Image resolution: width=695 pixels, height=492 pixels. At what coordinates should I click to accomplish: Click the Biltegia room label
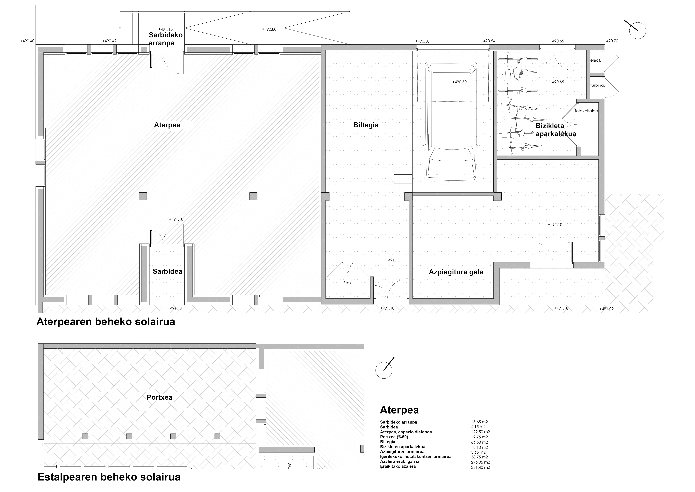click(x=366, y=125)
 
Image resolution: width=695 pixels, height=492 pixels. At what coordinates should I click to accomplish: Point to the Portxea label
click(x=160, y=397)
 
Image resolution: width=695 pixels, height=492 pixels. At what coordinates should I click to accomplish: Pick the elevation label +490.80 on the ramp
click(x=269, y=29)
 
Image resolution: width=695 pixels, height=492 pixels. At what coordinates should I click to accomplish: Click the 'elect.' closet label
click(x=595, y=60)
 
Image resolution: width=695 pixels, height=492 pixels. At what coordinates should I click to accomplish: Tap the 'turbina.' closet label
click(x=597, y=86)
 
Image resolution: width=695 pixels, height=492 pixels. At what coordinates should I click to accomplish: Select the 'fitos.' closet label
click(x=347, y=283)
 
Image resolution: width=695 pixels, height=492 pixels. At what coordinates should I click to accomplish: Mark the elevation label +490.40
click(x=27, y=41)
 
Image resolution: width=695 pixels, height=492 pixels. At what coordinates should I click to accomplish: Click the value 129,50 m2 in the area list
click(x=480, y=432)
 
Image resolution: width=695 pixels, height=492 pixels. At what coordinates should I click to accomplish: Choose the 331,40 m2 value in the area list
click(x=480, y=467)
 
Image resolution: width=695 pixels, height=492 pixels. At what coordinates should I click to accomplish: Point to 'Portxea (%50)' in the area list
click(x=394, y=437)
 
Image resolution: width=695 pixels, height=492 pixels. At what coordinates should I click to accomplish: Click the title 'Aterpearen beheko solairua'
click(x=106, y=322)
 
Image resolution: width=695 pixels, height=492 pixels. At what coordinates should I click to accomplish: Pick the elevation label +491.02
click(x=607, y=309)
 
